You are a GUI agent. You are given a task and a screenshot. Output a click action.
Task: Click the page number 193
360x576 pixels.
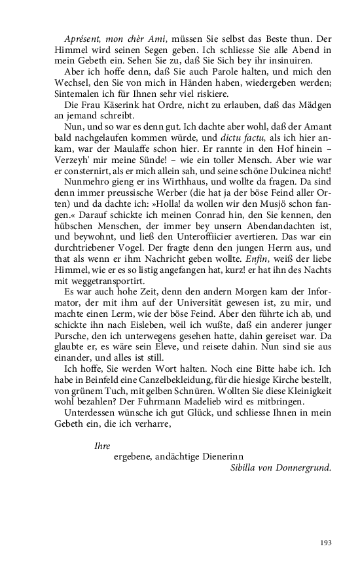click(325, 543)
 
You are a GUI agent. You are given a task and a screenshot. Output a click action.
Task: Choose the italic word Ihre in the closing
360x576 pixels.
click(101, 446)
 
